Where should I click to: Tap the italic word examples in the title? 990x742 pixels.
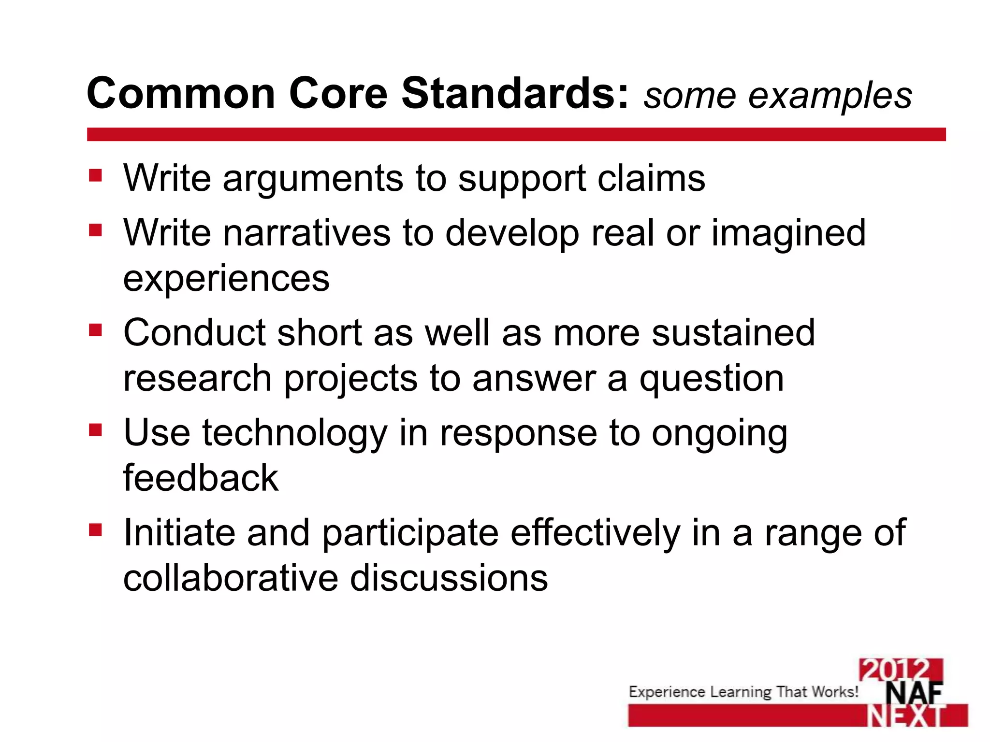[830, 96]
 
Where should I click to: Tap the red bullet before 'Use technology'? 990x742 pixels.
[95, 429]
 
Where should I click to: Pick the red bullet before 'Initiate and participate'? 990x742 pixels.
[95, 530]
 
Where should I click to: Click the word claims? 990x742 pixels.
[651, 178]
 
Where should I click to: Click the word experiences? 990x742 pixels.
[226, 279]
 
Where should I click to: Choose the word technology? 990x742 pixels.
[294, 434]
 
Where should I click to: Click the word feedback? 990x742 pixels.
[201, 478]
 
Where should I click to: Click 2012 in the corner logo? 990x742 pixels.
[900, 670]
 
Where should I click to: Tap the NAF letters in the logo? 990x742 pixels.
[913, 694]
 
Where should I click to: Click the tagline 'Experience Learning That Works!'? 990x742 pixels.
[743, 692]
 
